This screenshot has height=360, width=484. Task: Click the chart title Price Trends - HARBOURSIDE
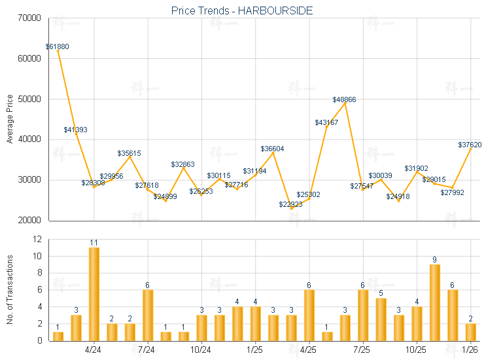point(242,10)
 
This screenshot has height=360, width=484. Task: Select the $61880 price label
point(58,47)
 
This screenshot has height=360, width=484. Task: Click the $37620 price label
point(470,145)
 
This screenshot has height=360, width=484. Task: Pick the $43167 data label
point(326,122)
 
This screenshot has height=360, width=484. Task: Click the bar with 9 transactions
point(434,302)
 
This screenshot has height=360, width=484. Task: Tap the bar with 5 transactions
point(381,319)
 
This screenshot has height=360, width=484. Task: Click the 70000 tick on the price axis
point(29,18)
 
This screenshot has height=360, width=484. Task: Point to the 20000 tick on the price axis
point(29,221)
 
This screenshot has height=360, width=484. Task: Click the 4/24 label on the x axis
point(94,350)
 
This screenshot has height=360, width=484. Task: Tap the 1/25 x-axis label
point(255,350)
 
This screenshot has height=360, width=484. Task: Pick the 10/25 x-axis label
point(416,350)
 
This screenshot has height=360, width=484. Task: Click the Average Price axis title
point(9,119)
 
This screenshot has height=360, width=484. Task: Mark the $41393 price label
point(75,130)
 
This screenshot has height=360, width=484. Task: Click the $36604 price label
point(272,149)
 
